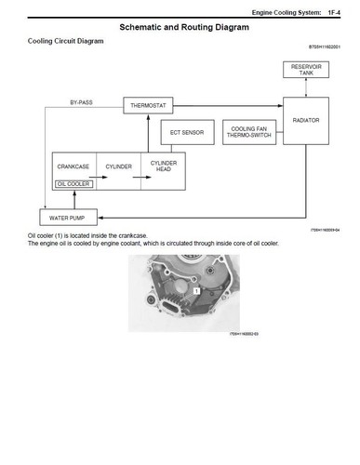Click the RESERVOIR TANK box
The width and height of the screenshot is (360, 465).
pos(306,70)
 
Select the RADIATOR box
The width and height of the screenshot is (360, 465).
pos(306,122)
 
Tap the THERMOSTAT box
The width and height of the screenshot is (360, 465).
pos(149,106)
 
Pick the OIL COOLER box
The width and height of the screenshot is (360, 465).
pos(73,184)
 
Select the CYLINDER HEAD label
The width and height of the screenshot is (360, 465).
pos(164,166)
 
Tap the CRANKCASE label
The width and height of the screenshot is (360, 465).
pos(73,166)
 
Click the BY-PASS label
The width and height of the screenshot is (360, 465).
pos(82,100)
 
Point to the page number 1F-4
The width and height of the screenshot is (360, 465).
pos(338,11)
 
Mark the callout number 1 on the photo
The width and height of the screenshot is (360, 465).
pos(197,291)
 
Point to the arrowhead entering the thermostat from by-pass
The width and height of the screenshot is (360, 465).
pos(121,106)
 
